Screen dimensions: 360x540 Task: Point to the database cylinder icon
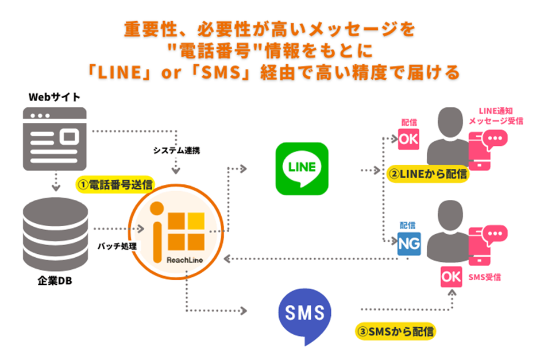tap(55, 232)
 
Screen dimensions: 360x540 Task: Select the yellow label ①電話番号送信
tap(115, 185)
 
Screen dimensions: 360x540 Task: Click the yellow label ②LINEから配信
tap(429, 174)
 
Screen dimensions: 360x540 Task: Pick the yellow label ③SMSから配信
tap(395, 331)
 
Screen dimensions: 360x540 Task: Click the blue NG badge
tap(408, 243)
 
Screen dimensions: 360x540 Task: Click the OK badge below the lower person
tap(450, 277)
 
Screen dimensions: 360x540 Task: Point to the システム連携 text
tap(176, 151)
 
